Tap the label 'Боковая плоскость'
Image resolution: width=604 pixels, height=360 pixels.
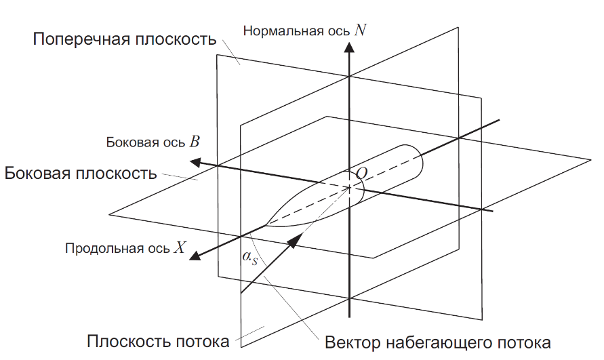coord(81,174)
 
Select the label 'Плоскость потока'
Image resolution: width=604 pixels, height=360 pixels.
coord(158,342)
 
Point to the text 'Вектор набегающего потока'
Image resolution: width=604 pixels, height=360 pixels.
coord(438,342)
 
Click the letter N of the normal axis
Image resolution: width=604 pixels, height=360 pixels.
coord(360,30)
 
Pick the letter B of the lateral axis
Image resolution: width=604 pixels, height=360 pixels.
coord(195,142)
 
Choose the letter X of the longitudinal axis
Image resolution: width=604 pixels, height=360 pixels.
coord(180,247)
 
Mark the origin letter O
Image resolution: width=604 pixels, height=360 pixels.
coord(362,174)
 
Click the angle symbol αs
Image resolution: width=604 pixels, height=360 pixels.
coord(249,258)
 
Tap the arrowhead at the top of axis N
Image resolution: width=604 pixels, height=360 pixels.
coord(349,47)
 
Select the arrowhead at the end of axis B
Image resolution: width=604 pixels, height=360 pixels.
coord(196,162)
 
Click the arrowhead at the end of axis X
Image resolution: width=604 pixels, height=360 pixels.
coord(195,255)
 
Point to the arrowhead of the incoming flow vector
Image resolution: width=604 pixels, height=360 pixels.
coord(295,241)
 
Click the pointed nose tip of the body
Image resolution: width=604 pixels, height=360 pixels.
coord(266,224)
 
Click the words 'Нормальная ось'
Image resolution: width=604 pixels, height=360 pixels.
coord(296,31)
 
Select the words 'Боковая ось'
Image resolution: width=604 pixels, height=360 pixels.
coord(146,142)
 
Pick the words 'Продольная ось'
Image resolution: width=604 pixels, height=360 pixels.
coord(117,248)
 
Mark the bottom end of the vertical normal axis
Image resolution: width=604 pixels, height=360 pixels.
coord(349,317)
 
